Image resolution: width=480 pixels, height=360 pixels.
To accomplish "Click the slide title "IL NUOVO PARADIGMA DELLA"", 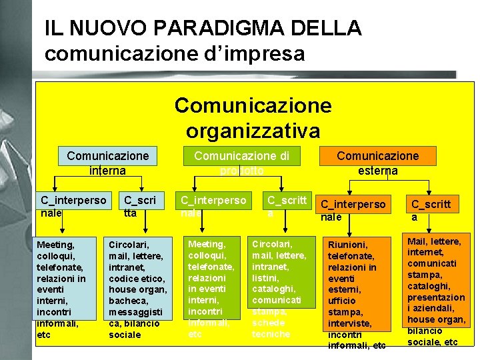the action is [203, 28].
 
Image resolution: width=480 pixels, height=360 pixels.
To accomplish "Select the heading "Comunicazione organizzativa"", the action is [253, 117].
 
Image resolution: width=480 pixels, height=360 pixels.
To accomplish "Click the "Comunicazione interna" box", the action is [107, 162].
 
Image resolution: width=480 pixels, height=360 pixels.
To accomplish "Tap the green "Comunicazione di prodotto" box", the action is [241, 162].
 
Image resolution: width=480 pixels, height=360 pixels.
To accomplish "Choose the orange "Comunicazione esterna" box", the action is [377, 162].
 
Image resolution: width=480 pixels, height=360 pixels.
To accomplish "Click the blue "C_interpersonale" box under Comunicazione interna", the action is [73, 206].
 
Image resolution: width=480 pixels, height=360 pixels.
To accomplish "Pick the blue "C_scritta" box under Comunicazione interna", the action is [140, 206].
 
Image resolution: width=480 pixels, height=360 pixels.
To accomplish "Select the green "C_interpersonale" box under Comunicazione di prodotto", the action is [213, 206].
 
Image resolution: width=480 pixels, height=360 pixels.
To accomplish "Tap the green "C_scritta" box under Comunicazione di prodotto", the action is [286, 205].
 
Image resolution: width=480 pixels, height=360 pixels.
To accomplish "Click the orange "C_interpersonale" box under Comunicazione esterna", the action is [353, 210].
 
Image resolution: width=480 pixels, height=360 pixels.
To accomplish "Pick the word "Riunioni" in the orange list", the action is [349, 245].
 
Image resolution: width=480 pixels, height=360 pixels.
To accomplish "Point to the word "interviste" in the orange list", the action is [349, 323].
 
